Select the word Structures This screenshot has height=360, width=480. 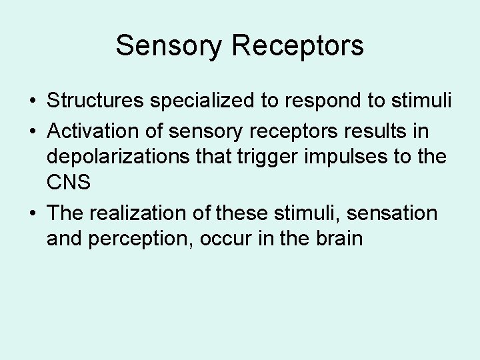point(97,101)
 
